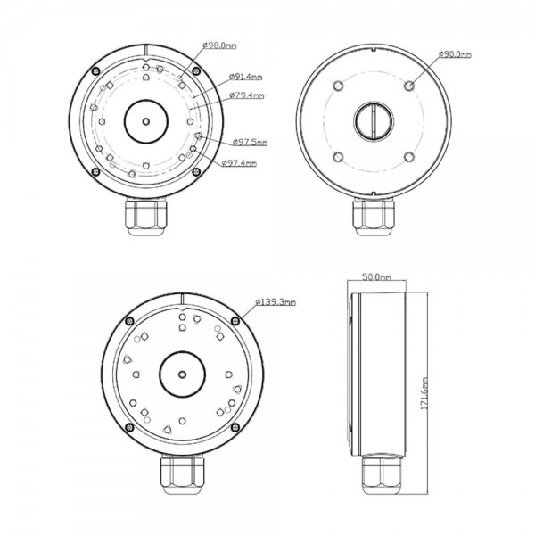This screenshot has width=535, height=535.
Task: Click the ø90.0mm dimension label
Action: point(455,54)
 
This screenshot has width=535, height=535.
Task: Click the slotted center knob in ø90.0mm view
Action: point(372,119)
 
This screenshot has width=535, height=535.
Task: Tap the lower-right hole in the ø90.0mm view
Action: point(407,156)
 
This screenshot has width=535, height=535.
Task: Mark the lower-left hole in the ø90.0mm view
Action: point(338,156)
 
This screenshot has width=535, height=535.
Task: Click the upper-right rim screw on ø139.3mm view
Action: point(234,320)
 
